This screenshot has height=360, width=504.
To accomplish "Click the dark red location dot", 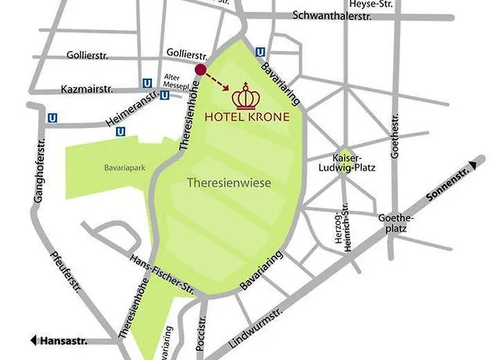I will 201,69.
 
